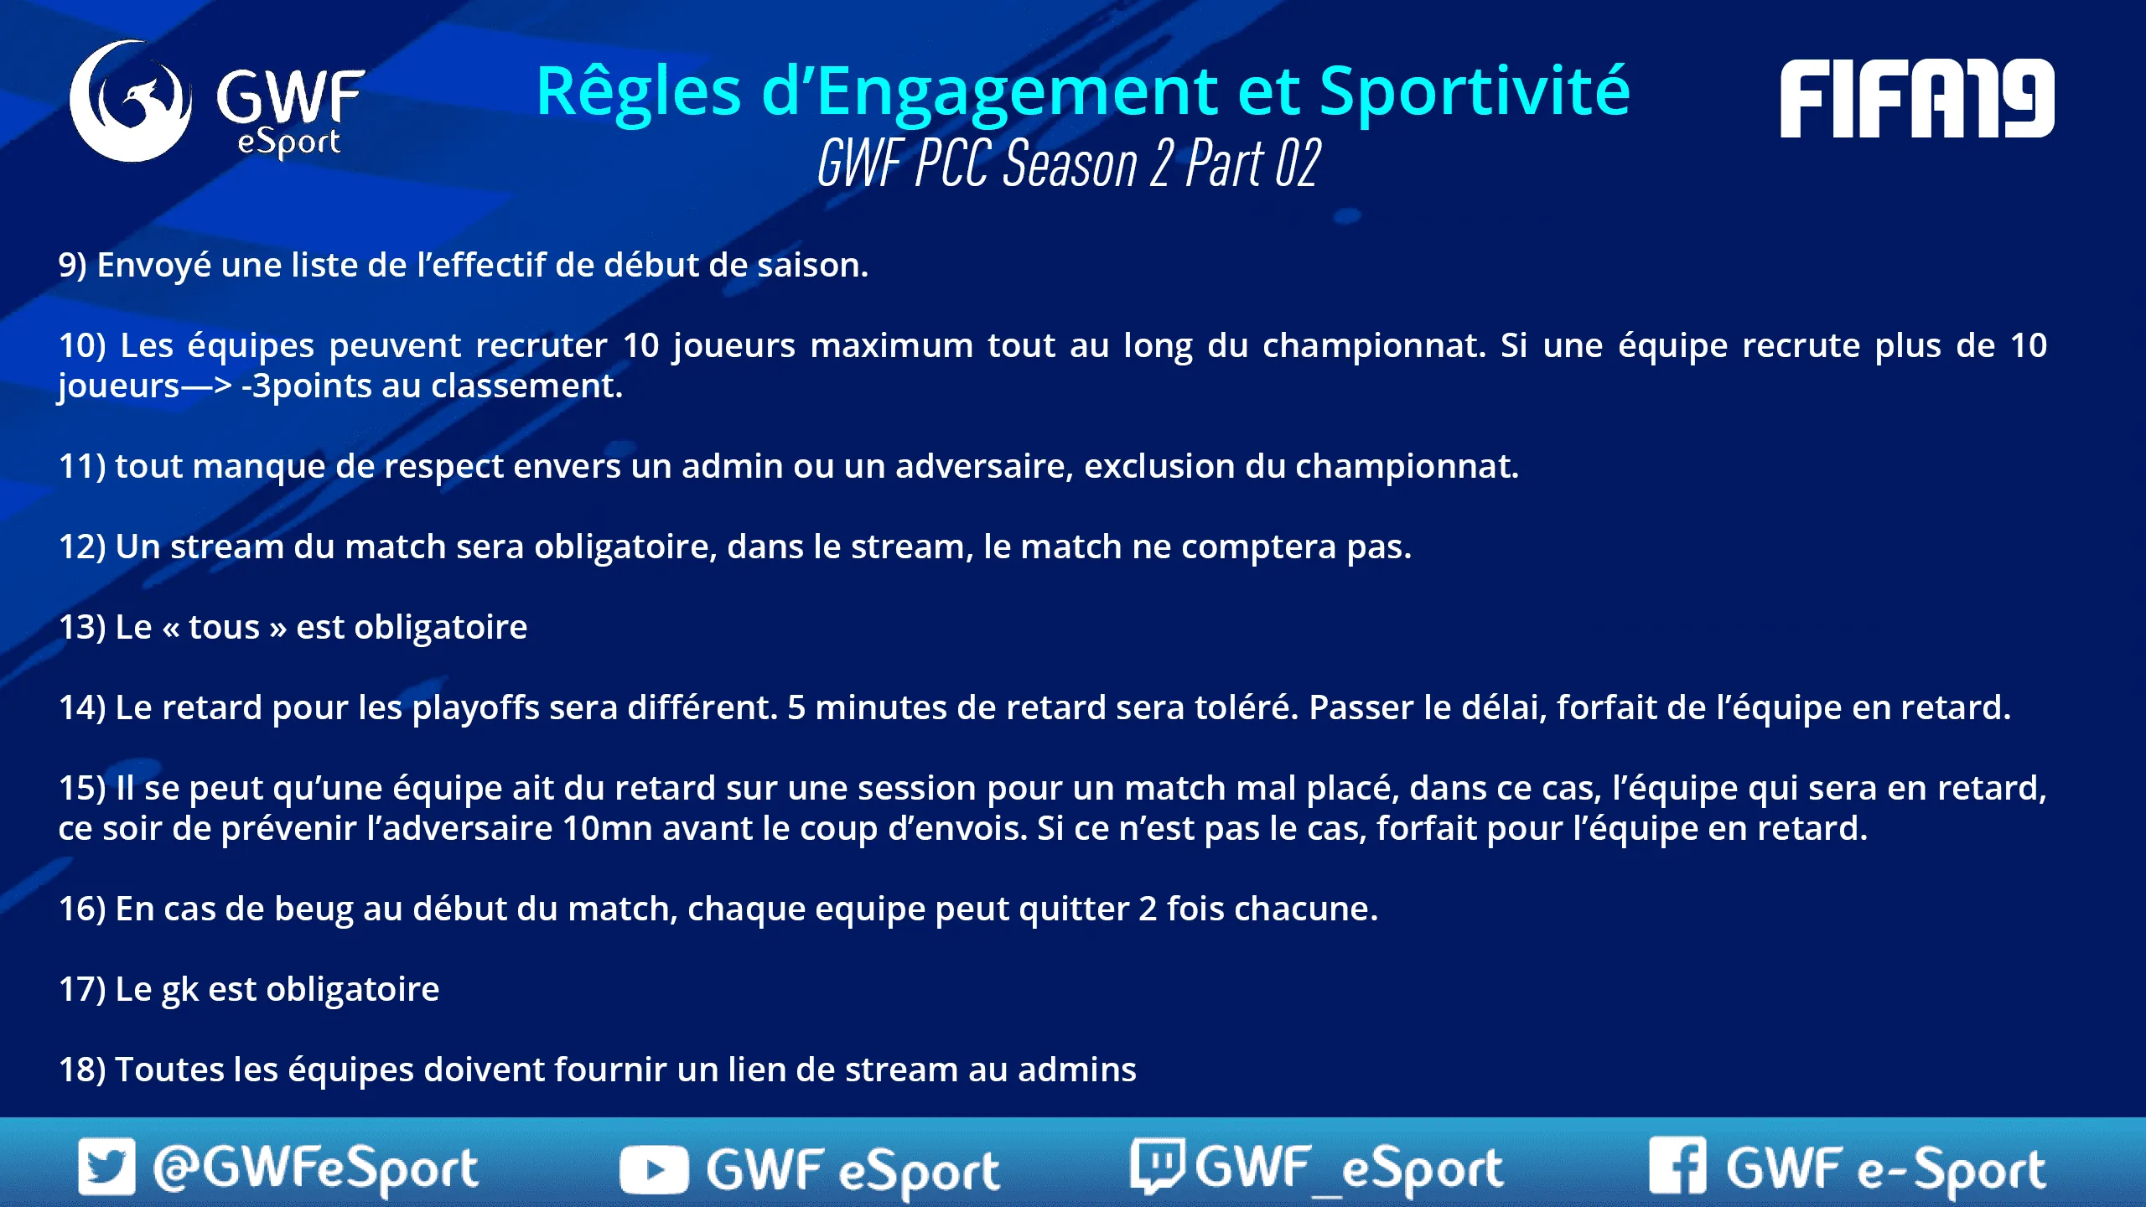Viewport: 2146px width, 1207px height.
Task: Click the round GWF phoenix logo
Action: click(x=130, y=101)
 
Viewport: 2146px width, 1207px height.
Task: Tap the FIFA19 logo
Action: click(x=1917, y=98)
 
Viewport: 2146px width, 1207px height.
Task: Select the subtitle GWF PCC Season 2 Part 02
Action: click(x=1069, y=163)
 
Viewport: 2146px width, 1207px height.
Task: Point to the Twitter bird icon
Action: click(x=106, y=1166)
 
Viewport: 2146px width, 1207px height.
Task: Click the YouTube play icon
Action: click(x=654, y=1170)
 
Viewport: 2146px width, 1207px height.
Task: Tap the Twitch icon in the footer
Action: click(x=1157, y=1165)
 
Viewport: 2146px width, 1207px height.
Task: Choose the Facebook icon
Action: click(x=1677, y=1165)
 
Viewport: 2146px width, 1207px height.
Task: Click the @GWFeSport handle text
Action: click(x=316, y=1168)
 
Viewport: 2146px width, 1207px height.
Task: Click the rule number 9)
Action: click(x=73, y=265)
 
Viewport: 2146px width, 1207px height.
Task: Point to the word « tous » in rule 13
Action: click(x=225, y=627)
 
